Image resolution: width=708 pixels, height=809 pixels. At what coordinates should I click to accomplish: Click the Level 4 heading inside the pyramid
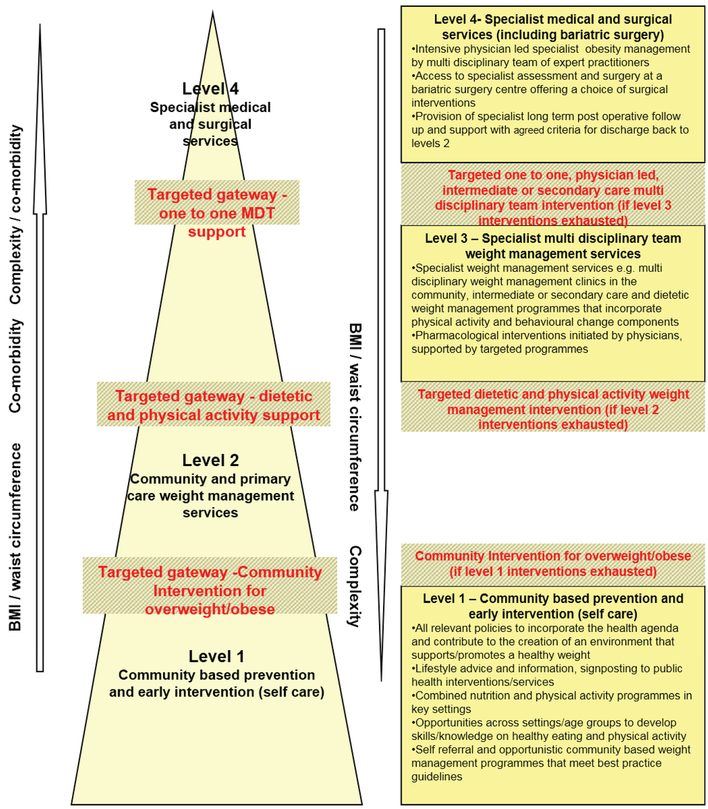(210, 89)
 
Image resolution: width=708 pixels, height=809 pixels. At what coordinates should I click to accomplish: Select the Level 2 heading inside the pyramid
(210, 461)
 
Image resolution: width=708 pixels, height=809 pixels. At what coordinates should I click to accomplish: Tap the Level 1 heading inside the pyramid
(216, 656)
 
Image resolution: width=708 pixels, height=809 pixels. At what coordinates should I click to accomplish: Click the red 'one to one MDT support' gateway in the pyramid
(216, 213)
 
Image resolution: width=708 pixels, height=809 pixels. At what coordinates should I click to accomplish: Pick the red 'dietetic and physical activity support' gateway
(214, 406)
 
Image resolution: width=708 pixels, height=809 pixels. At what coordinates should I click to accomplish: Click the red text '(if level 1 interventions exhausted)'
(552, 572)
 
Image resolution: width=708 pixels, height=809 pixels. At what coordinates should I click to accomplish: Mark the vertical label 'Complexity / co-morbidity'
(15, 214)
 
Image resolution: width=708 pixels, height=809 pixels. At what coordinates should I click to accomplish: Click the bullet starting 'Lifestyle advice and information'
(537, 675)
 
